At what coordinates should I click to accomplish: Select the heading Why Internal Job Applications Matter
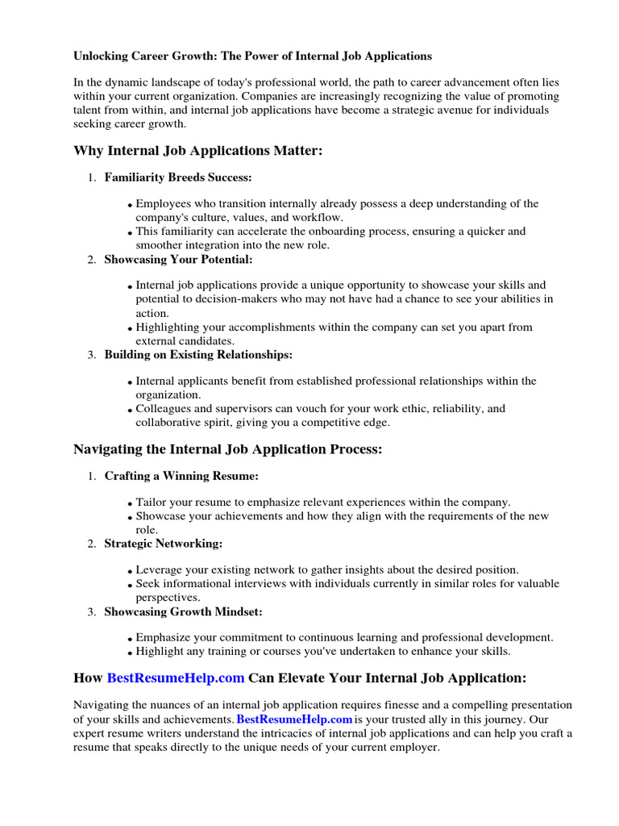pos(197,151)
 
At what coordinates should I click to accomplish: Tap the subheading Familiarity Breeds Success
pos(178,177)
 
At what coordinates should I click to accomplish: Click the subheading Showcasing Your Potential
pos(178,259)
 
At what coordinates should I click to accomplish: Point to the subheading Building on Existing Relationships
pos(198,354)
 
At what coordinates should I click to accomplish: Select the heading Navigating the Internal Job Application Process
pos(227,449)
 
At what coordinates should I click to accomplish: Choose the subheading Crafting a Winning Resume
pos(181,476)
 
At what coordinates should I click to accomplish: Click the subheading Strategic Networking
pos(164,544)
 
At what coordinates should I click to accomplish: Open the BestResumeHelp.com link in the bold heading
pos(176,678)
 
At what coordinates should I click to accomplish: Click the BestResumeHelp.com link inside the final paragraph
pos(295,719)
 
